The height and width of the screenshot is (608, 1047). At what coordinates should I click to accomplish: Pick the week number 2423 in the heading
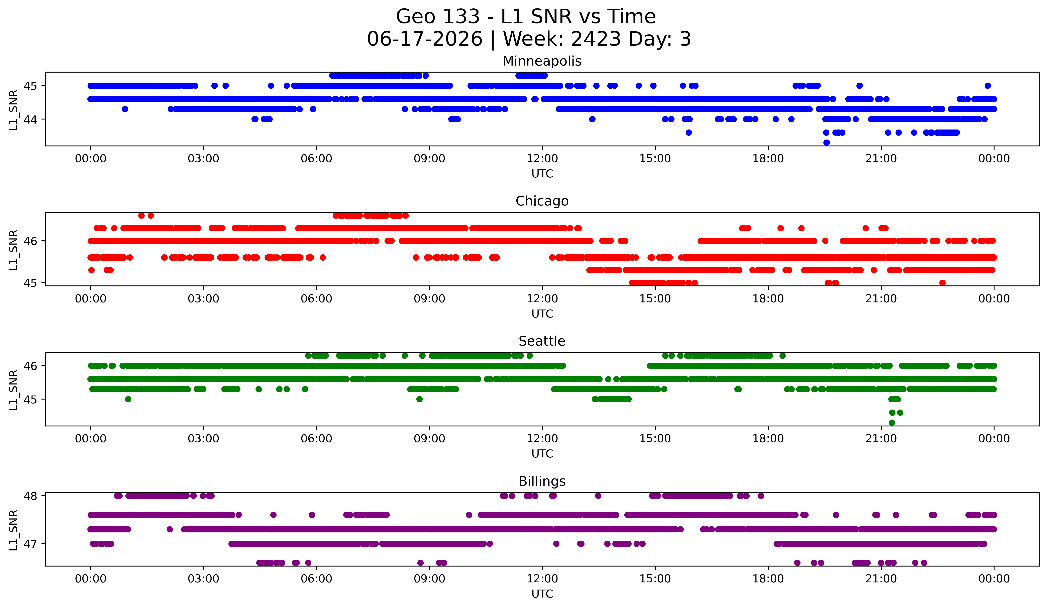(x=596, y=39)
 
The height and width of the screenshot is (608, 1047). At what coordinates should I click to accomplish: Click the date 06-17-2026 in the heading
(x=425, y=39)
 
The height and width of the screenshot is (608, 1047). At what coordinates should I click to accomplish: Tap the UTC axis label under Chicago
(x=542, y=314)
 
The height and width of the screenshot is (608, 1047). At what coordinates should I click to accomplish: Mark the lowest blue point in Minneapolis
(x=826, y=143)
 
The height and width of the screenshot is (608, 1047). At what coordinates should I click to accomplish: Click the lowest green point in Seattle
(x=892, y=423)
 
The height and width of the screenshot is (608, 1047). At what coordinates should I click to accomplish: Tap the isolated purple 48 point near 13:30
(x=598, y=496)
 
